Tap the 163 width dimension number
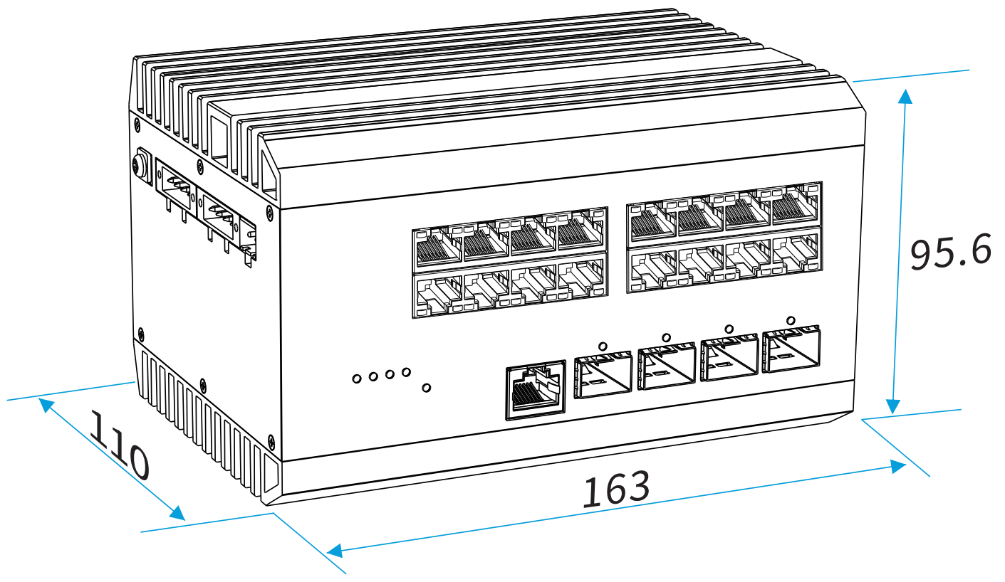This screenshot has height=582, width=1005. click(x=617, y=490)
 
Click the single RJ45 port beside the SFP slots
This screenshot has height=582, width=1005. click(x=535, y=393)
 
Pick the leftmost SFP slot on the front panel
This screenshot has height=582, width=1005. click(x=603, y=374)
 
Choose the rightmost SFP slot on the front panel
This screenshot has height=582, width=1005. click(x=791, y=350)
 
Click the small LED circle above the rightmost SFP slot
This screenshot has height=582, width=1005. click(x=790, y=318)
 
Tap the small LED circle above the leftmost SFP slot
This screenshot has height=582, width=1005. click(x=603, y=346)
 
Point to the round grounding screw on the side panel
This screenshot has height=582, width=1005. click(x=140, y=164)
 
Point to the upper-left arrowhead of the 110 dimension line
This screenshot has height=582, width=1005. click(x=46, y=404)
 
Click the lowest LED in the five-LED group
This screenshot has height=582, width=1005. click(x=426, y=387)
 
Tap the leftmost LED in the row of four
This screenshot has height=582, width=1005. click(x=357, y=379)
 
